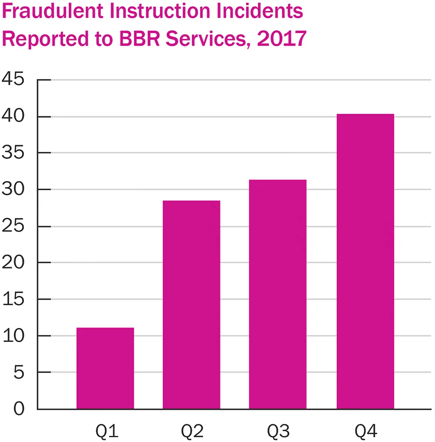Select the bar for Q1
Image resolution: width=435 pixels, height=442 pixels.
coord(105,368)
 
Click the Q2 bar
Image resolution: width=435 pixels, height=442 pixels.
coord(191,305)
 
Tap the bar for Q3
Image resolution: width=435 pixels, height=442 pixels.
coord(278,294)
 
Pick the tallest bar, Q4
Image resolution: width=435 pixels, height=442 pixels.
coord(365,261)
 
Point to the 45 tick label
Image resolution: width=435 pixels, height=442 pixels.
coord(13,79)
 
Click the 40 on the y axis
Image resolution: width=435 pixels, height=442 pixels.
coord(13,115)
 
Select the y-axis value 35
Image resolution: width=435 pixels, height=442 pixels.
coord(13,152)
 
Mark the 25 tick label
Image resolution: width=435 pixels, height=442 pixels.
coord(13,226)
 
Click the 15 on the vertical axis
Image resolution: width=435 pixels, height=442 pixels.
coord(13,299)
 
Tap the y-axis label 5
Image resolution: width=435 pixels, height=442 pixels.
coord(19,373)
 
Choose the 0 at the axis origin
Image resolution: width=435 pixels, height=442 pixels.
coord(19,409)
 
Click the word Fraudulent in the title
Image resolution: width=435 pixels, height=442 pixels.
coord(53,11)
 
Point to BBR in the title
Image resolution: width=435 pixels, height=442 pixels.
coord(140,38)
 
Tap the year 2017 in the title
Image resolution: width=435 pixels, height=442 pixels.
coord(281,38)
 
